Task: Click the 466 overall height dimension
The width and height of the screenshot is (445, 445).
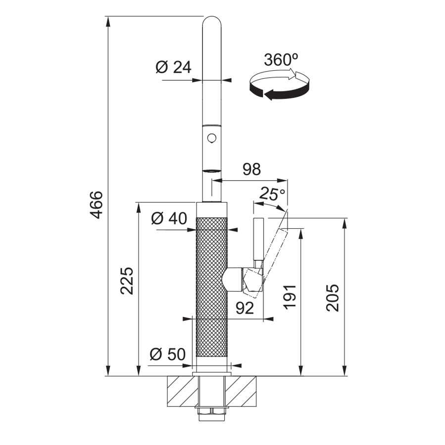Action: (x=96, y=205)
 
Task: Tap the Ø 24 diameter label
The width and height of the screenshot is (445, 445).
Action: (x=174, y=67)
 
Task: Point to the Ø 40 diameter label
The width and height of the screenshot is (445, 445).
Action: (x=169, y=218)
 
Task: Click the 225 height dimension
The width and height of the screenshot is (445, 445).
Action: (x=127, y=281)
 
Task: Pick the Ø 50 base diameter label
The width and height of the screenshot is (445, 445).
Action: (x=168, y=354)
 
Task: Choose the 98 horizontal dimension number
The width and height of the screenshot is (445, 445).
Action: (x=251, y=169)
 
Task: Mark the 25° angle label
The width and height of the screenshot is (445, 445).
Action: (x=272, y=194)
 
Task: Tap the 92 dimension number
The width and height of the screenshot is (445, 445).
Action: (x=245, y=308)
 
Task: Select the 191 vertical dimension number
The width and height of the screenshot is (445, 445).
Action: (x=290, y=297)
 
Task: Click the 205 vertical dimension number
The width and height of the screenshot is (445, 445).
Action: (x=333, y=298)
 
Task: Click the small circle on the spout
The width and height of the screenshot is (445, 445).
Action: (x=212, y=138)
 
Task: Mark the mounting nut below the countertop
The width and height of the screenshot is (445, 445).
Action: (x=212, y=411)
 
